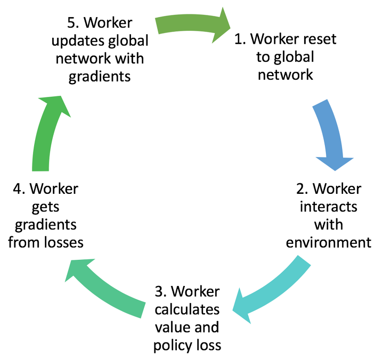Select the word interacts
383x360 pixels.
(329, 206)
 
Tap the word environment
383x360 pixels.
(329, 242)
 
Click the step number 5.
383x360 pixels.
(70, 23)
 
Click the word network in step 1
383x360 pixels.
(285, 74)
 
